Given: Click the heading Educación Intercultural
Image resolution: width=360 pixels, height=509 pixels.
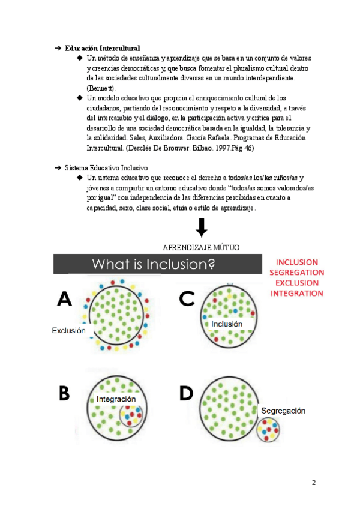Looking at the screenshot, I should click(102, 47).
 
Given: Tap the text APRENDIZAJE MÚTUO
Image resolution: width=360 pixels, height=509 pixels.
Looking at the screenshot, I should click(201, 247).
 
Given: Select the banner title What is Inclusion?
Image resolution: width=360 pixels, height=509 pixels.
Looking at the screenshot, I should click(153, 264).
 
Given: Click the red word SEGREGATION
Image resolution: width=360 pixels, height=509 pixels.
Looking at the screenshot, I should click(297, 273).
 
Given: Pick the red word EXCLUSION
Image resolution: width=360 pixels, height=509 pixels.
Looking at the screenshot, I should click(297, 283).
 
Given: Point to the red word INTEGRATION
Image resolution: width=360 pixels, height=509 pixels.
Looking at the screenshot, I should click(297, 294).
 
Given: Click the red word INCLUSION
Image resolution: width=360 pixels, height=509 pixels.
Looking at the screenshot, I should click(297, 262).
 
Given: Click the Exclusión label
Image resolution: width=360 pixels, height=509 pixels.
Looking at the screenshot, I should click(68, 330).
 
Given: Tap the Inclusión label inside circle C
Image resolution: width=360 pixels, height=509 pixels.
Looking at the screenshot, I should click(227, 324).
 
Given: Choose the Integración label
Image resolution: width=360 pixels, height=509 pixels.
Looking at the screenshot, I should click(116, 399).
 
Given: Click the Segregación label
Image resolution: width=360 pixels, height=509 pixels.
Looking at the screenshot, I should click(283, 411).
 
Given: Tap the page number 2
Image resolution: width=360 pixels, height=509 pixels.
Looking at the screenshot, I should click(313, 483).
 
